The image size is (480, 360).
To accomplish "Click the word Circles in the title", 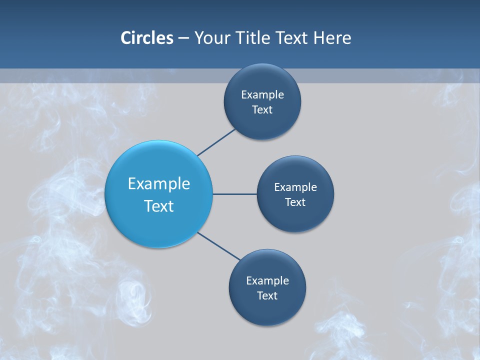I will pos(146,38).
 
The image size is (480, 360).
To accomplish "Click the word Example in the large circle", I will pos(159,184).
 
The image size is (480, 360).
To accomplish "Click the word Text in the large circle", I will pos(159,206).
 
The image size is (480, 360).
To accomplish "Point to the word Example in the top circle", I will pos(262,95).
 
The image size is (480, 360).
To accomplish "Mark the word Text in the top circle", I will pos(262,110).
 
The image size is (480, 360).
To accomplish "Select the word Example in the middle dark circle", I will pos(295,187).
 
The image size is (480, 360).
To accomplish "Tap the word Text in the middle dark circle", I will pos(295,202).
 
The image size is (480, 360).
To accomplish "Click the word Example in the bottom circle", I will pos(267,281).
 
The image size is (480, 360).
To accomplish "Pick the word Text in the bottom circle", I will pos(267,296).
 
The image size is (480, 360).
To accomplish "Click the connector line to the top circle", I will pos(216,142).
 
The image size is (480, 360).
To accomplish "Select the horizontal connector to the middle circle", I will pos(235,194).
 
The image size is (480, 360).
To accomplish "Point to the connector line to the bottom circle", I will pos(219,246).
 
